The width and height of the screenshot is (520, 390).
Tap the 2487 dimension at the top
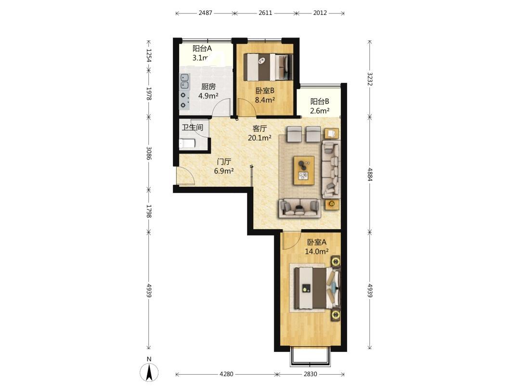tap(205, 13)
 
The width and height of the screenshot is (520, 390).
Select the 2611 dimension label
tap(265, 13)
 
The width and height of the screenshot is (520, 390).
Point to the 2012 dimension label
tap(320, 13)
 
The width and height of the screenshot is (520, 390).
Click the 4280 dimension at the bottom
tap(226, 374)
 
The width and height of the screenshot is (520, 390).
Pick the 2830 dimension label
tap(310, 374)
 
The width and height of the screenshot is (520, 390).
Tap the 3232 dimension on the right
tap(370, 79)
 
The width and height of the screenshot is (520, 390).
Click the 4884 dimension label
tap(370, 174)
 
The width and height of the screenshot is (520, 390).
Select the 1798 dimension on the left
tap(149, 211)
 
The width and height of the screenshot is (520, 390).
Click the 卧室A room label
tap(317, 242)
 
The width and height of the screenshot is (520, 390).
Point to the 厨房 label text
tap(208, 87)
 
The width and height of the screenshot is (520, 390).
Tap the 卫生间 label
tap(192, 127)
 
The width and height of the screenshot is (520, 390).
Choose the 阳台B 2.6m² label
tap(320, 106)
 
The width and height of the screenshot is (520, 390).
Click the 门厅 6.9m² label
tap(224, 167)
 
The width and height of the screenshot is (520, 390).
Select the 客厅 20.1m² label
tap(260, 133)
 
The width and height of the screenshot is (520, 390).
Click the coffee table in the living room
tap(304, 170)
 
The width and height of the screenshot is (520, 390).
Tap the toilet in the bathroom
tap(187, 143)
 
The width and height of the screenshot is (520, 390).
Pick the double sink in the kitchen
tap(184, 81)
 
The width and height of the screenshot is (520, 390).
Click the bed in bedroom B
tap(268, 66)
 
